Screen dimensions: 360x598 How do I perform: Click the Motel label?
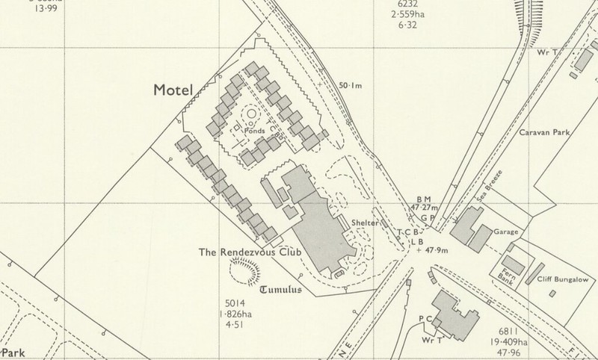coord(173,90)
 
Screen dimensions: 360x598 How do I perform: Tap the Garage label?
coord(505,232)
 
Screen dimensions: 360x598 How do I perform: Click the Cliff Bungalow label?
coord(564,278)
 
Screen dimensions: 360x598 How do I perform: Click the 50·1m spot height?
coord(350,86)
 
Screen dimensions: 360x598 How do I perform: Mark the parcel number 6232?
coord(402,4)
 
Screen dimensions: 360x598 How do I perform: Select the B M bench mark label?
coord(424,198)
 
